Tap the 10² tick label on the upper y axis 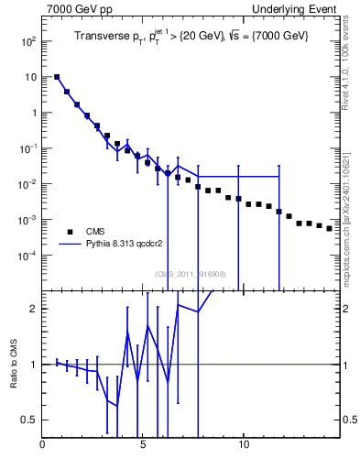coord(27,42)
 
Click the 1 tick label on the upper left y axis coord(33,114)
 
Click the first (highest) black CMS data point coord(57,78)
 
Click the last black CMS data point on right coord(329,228)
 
